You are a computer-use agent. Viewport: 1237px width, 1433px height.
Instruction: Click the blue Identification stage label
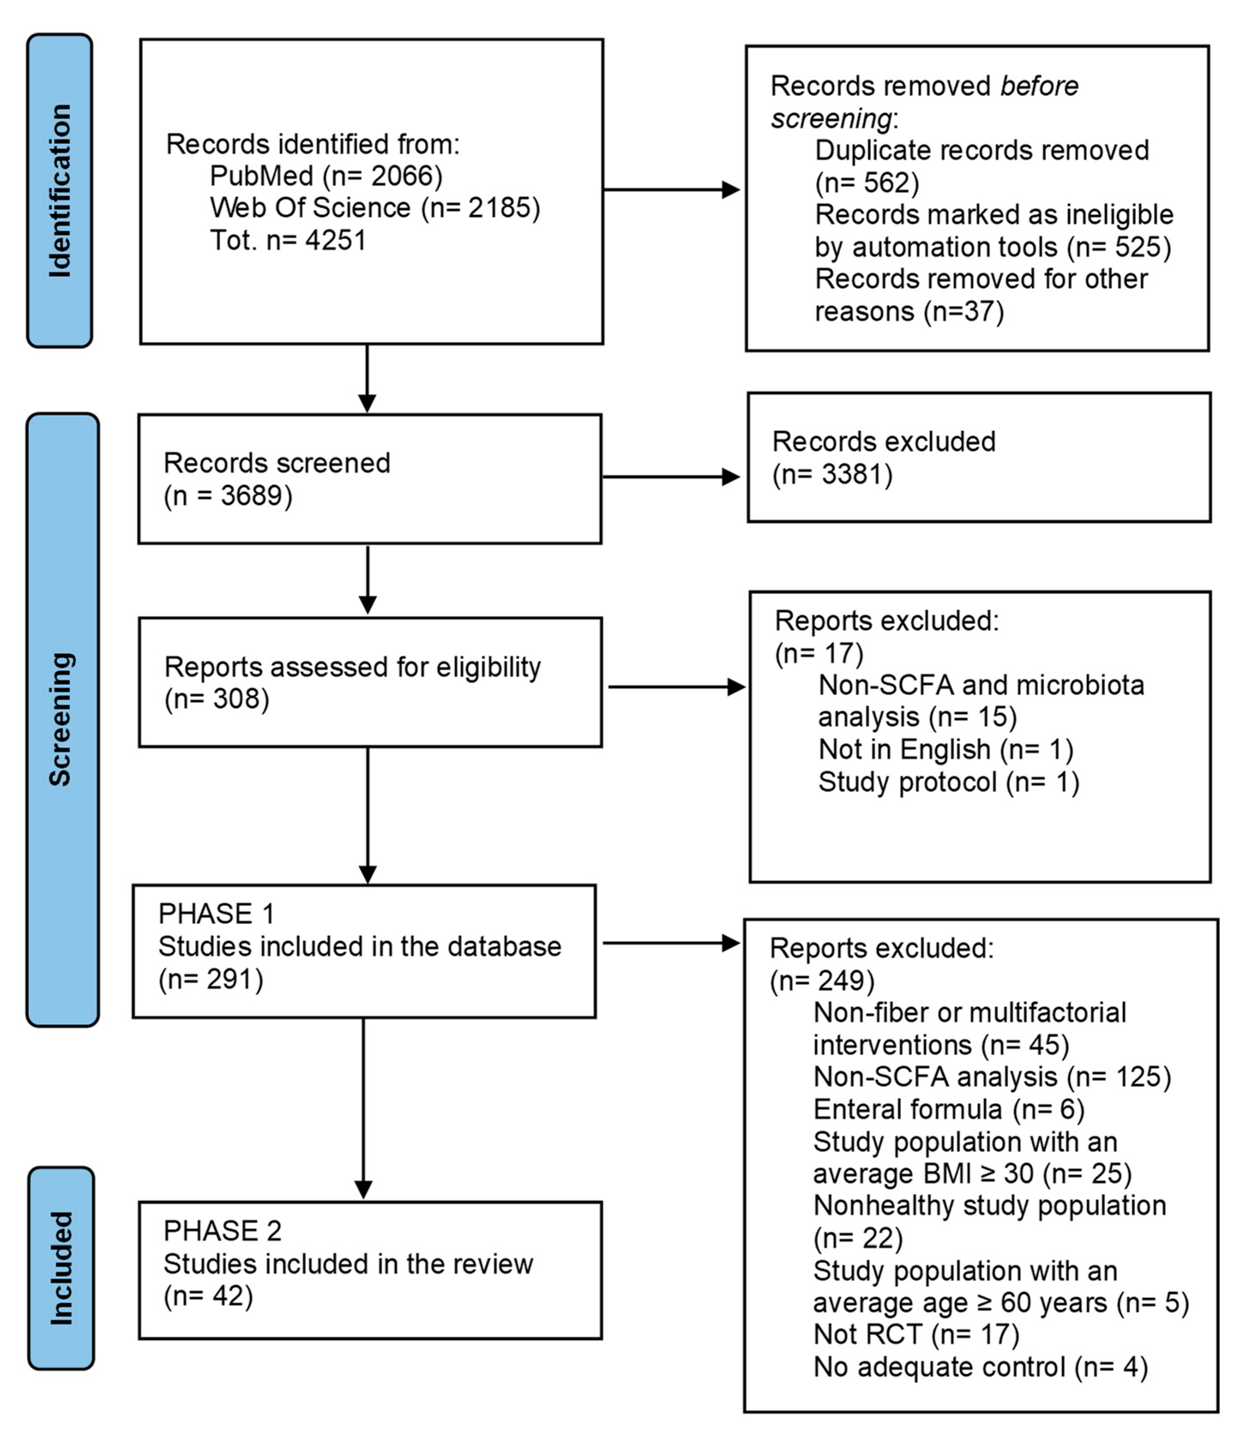pos(60,190)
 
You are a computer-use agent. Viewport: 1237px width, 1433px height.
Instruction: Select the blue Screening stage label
pos(62,719)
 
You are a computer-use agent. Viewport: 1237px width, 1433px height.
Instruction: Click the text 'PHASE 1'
pos(216,914)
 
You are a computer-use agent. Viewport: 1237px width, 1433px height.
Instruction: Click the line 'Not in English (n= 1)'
pos(945,749)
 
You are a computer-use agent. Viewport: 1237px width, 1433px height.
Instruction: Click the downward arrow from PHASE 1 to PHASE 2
pos(363,1106)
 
